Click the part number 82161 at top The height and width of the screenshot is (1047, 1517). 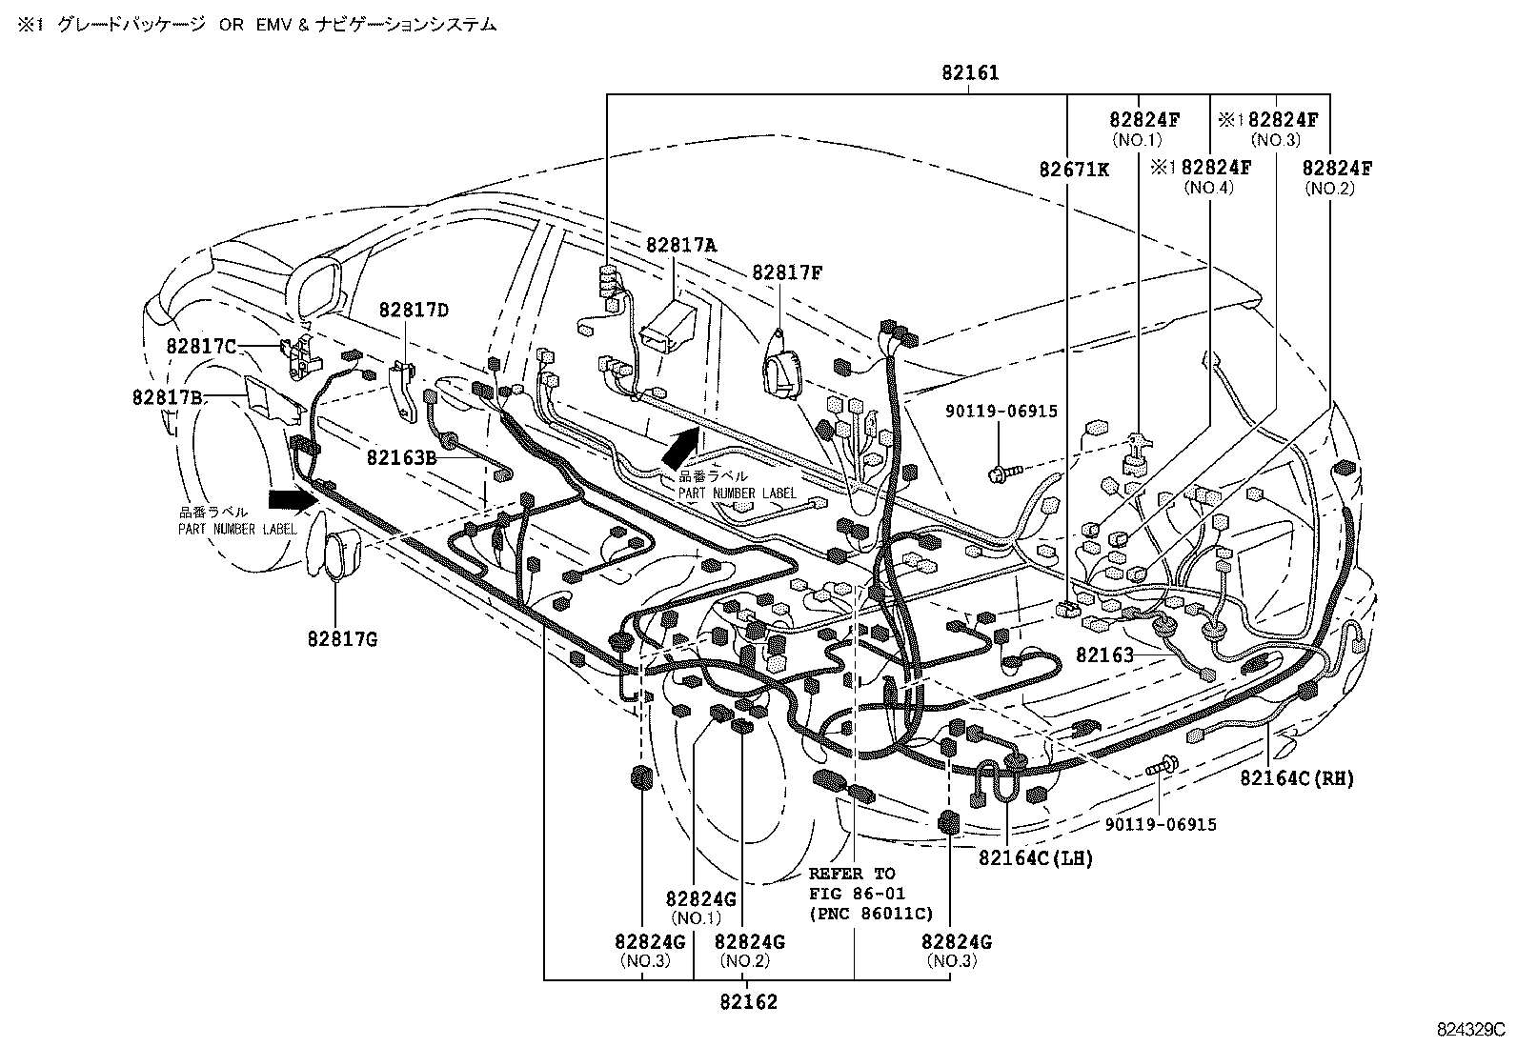970,72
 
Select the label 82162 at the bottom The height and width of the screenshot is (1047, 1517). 748,1002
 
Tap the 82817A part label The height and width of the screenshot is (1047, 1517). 680,245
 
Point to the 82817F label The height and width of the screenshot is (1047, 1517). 787,273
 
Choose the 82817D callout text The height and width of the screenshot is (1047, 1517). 414,310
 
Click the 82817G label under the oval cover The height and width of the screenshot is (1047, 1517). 342,639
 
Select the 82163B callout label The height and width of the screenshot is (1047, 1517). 401,457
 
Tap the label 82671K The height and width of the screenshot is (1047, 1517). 1074,169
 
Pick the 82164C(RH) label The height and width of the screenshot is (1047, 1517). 1297,778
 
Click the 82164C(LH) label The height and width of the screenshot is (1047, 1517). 1036,858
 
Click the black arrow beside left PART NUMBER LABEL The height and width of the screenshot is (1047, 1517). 291,499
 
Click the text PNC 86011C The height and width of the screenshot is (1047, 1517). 870,913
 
